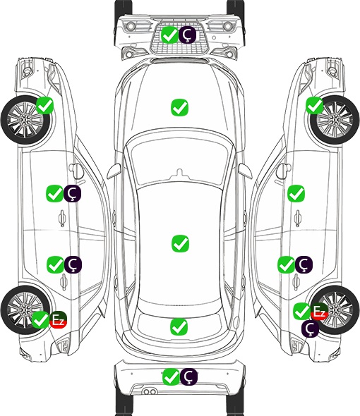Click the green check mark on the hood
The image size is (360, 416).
(x=179, y=107)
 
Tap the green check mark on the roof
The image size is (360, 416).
(x=180, y=243)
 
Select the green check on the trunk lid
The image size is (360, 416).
(x=179, y=327)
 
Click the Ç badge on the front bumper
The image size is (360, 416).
(x=187, y=35)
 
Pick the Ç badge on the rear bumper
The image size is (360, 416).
(x=188, y=377)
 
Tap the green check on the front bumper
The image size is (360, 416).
(x=169, y=35)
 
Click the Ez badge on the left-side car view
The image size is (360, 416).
(x=58, y=319)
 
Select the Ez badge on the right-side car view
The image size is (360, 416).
(x=319, y=311)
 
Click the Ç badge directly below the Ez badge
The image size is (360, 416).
(x=310, y=329)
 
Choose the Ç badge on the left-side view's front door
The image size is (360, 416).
(x=72, y=194)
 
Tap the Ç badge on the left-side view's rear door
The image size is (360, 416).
(x=73, y=264)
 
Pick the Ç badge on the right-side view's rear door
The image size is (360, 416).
(x=304, y=264)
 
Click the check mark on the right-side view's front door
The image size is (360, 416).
(x=296, y=194)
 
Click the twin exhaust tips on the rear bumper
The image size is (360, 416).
(x=150, y=391)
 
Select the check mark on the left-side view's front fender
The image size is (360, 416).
(x=44, y=105)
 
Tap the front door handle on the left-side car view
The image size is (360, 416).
(x=62, y=219)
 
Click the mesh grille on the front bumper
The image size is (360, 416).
(x=179, y=39)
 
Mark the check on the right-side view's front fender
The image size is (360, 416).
(x=315, y=105)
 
